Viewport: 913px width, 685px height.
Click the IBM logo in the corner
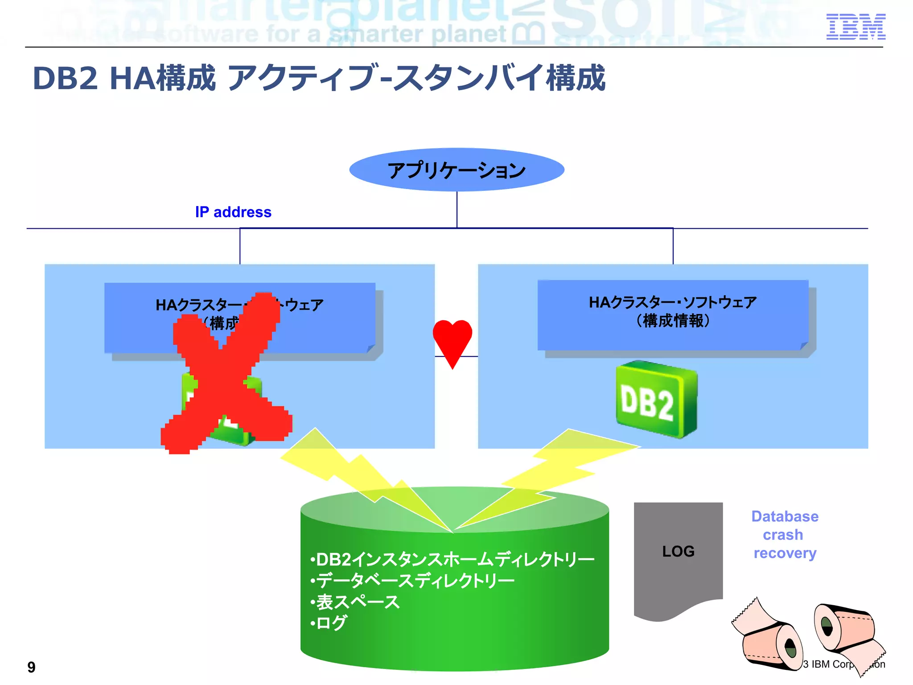click(x=855, y=27)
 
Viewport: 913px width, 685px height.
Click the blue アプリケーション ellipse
click(x=456, y=170)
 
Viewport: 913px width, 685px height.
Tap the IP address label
click(x=233, y=212)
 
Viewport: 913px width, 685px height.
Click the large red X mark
click(x=225, y=375)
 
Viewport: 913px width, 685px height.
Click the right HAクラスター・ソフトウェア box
click(x=673, y=314)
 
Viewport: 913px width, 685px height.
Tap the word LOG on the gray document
click(x=678, y=551)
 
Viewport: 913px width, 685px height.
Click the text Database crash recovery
click(x=785, y=535)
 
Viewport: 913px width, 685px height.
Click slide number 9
click(x=31, y=667)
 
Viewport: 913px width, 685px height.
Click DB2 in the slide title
click(x=65, y=78)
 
